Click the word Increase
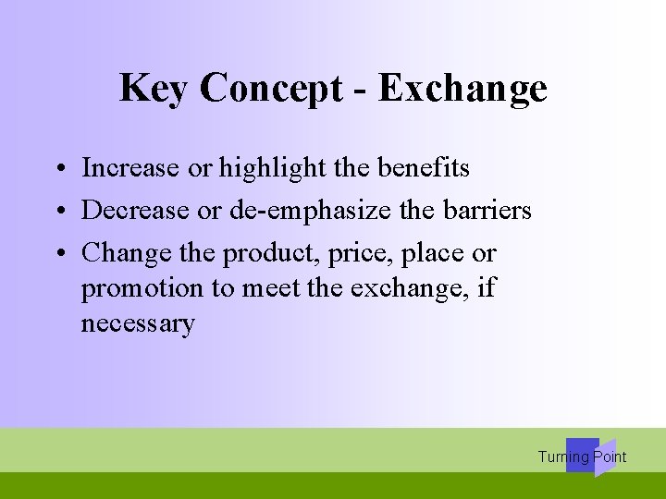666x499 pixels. pyautogui.click(x=129, y=168)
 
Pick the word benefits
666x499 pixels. pyautogui.click(x=423, y=168)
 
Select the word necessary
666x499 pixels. pyautogui.click(x=138, y=324)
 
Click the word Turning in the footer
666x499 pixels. pyautogui.click(x=563, y=457)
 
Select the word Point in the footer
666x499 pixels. pyautogui.click(x=610, y=457)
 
